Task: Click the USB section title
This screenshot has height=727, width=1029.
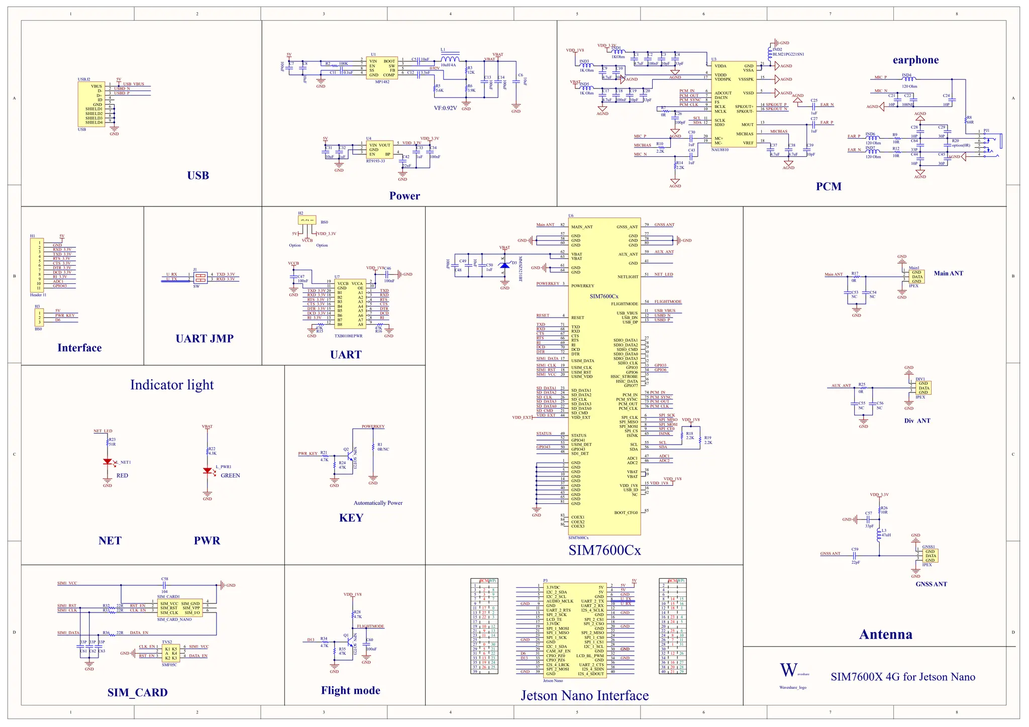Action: click(198, 175)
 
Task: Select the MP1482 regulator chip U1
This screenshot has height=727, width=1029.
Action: click(382, 68)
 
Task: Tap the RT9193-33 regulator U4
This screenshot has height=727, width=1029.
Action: click(379, 150)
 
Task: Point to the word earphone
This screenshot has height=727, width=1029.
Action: click(915, 60)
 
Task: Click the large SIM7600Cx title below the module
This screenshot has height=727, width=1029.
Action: click(604, 550)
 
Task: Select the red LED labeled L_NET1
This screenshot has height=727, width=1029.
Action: click(107, 462)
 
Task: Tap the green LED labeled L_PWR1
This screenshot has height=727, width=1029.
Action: click(207, 471)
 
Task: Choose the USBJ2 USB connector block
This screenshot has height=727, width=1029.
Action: click(91, 104)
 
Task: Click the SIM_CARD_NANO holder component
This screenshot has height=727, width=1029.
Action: click(180, 608)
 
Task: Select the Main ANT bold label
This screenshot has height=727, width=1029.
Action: click(948, 273)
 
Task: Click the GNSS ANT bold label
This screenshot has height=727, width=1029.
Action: click(931, 584)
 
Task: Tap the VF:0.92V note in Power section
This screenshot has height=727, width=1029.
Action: click(445, 108)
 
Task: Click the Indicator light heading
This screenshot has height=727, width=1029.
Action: click(172, 385)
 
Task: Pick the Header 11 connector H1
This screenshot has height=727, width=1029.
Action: click(37, 265)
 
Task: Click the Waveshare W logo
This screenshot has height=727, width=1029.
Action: click(788, 670)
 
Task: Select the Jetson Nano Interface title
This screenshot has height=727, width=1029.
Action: click(584, 695)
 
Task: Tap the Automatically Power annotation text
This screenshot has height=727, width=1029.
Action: click(378, 503)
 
